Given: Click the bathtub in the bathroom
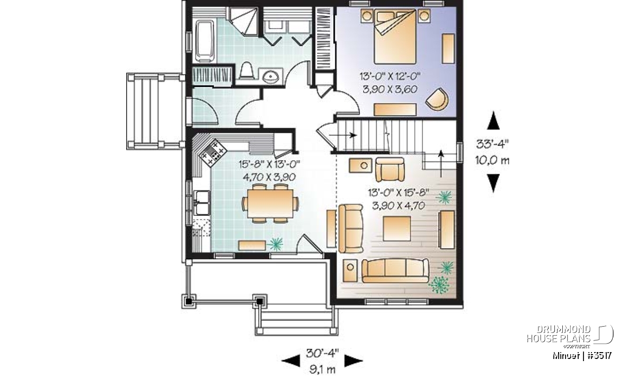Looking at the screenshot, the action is coord(205,40).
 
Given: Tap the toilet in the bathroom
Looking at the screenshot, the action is coord(246,71).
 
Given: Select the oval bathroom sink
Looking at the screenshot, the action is coord(271,76).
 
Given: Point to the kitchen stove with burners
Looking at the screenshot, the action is coord(213,153).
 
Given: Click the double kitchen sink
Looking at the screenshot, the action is coord(202,203).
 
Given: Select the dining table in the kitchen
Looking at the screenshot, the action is coord(270,204).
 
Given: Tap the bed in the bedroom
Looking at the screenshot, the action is coord(395,37).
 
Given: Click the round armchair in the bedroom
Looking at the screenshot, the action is coord(437,99).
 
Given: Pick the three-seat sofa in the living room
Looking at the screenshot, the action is coord(395,270).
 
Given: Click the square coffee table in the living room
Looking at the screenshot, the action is coord(396,229).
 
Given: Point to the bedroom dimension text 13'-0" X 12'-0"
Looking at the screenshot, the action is coord(390,76).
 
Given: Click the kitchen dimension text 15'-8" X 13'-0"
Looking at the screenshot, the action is coord(269,164).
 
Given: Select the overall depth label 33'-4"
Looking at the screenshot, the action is coord(492,144).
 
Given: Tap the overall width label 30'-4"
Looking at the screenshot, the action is coord(322,353).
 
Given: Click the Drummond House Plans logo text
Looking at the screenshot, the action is coord(559,334).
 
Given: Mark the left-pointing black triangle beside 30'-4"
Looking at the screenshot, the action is coord(290,361).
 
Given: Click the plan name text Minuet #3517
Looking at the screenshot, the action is coord(582,355).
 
